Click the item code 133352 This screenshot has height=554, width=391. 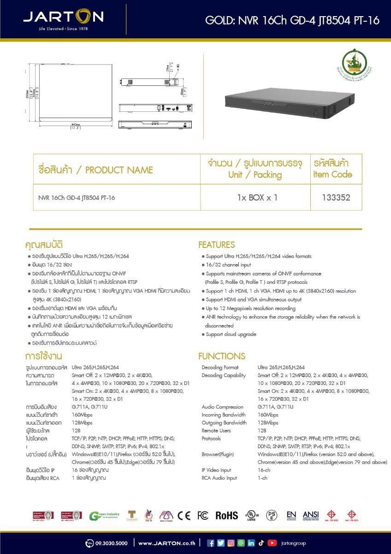click(336, 198)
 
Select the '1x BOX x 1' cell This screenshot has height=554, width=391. click(257, 198)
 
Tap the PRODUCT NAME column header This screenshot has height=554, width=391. click(95, 170)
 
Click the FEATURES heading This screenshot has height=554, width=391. click(216, 245)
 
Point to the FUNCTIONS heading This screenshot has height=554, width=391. click(221, 356)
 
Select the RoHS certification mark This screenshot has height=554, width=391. click(227, 516)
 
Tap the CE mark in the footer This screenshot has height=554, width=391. click(184, 516)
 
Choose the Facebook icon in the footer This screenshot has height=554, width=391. click(211, 543)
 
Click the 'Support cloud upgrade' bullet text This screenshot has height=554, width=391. click(231, 334)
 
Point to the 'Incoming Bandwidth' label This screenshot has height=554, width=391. click(224, 415)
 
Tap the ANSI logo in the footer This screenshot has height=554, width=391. click(311, 516)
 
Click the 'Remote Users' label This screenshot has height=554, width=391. click(216, 430)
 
